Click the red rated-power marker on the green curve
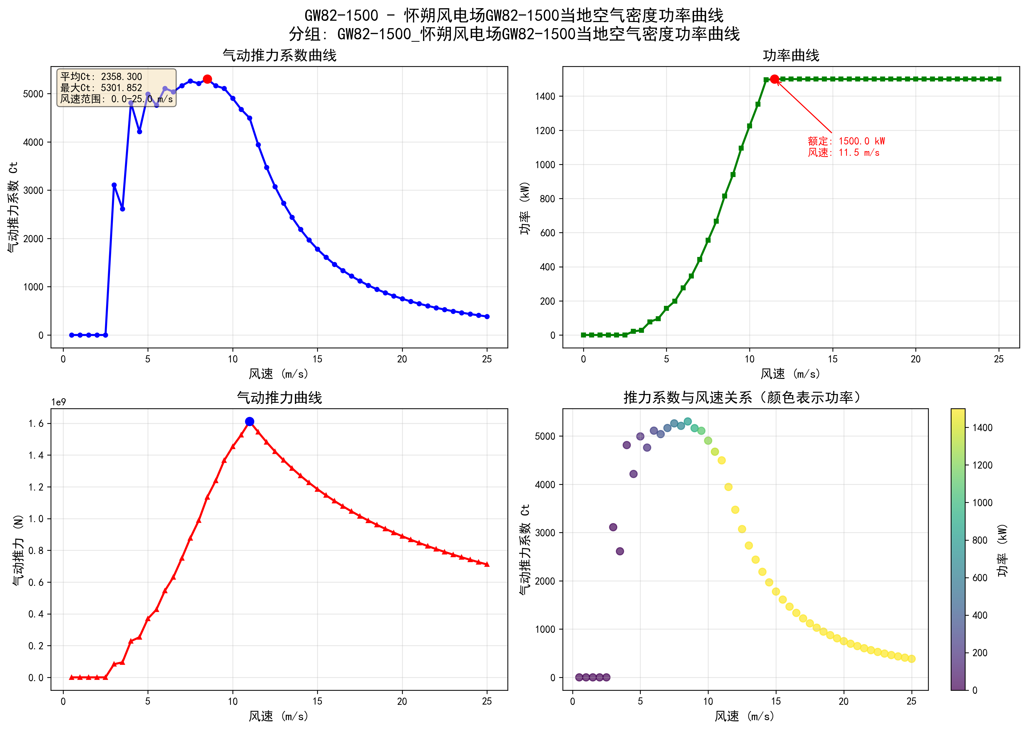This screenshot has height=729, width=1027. click(775, 79)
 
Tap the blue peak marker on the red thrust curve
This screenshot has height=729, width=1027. click(250, 421)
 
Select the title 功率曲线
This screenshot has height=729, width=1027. click(791, 56)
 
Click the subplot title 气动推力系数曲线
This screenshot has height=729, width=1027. click(280, 56)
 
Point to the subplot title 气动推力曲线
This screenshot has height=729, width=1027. click(280, 398)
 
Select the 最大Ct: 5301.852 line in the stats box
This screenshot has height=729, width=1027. click(101, 88)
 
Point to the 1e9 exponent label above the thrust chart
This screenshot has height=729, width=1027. click(58, 402)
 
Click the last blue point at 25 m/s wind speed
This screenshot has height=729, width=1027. click(487, 316)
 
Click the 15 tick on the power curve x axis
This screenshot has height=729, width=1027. click(833, 359)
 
